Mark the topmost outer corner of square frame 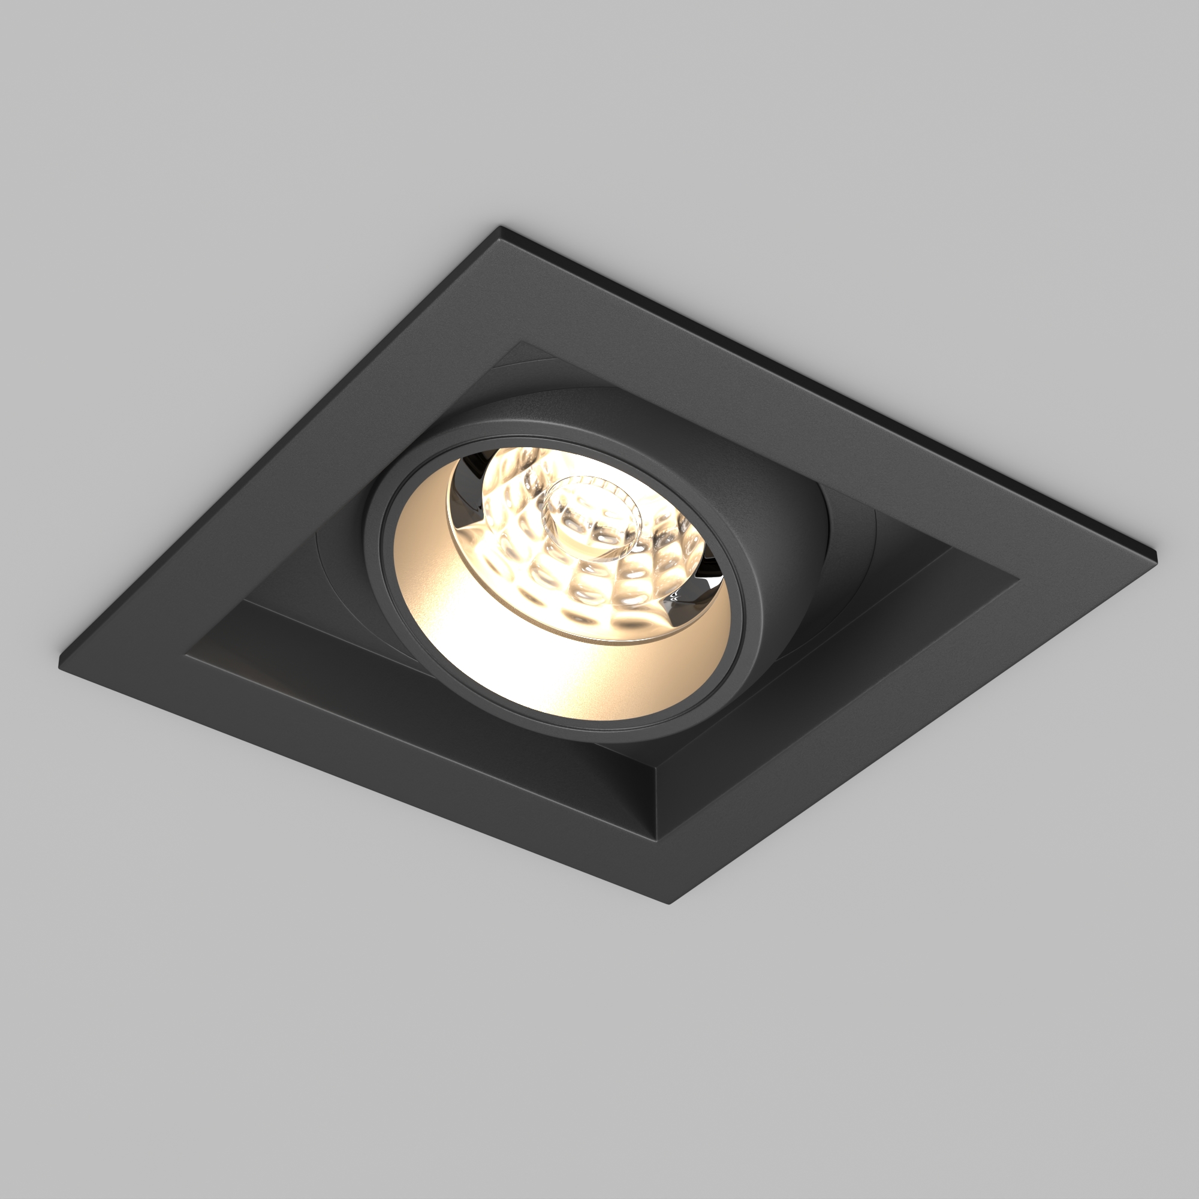pyautogui.click(x=500, y=227)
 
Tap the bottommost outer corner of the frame pyautogui.click(x=669, y=903)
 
